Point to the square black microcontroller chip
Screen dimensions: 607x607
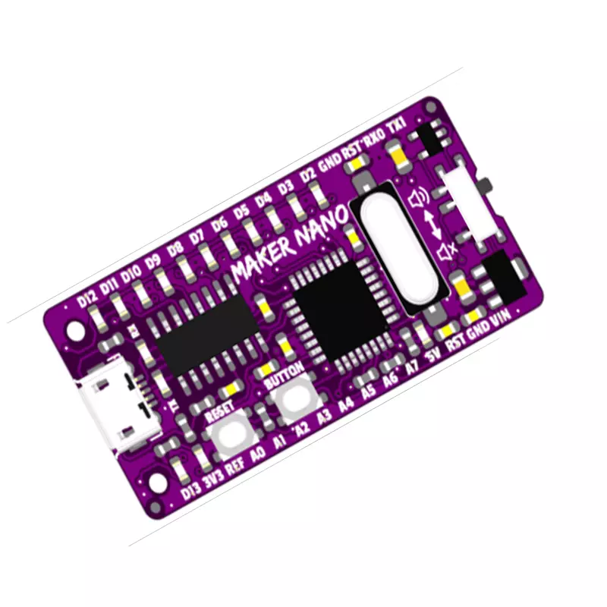[x=341, y=304]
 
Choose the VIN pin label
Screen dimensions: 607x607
[x=500, y=320]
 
